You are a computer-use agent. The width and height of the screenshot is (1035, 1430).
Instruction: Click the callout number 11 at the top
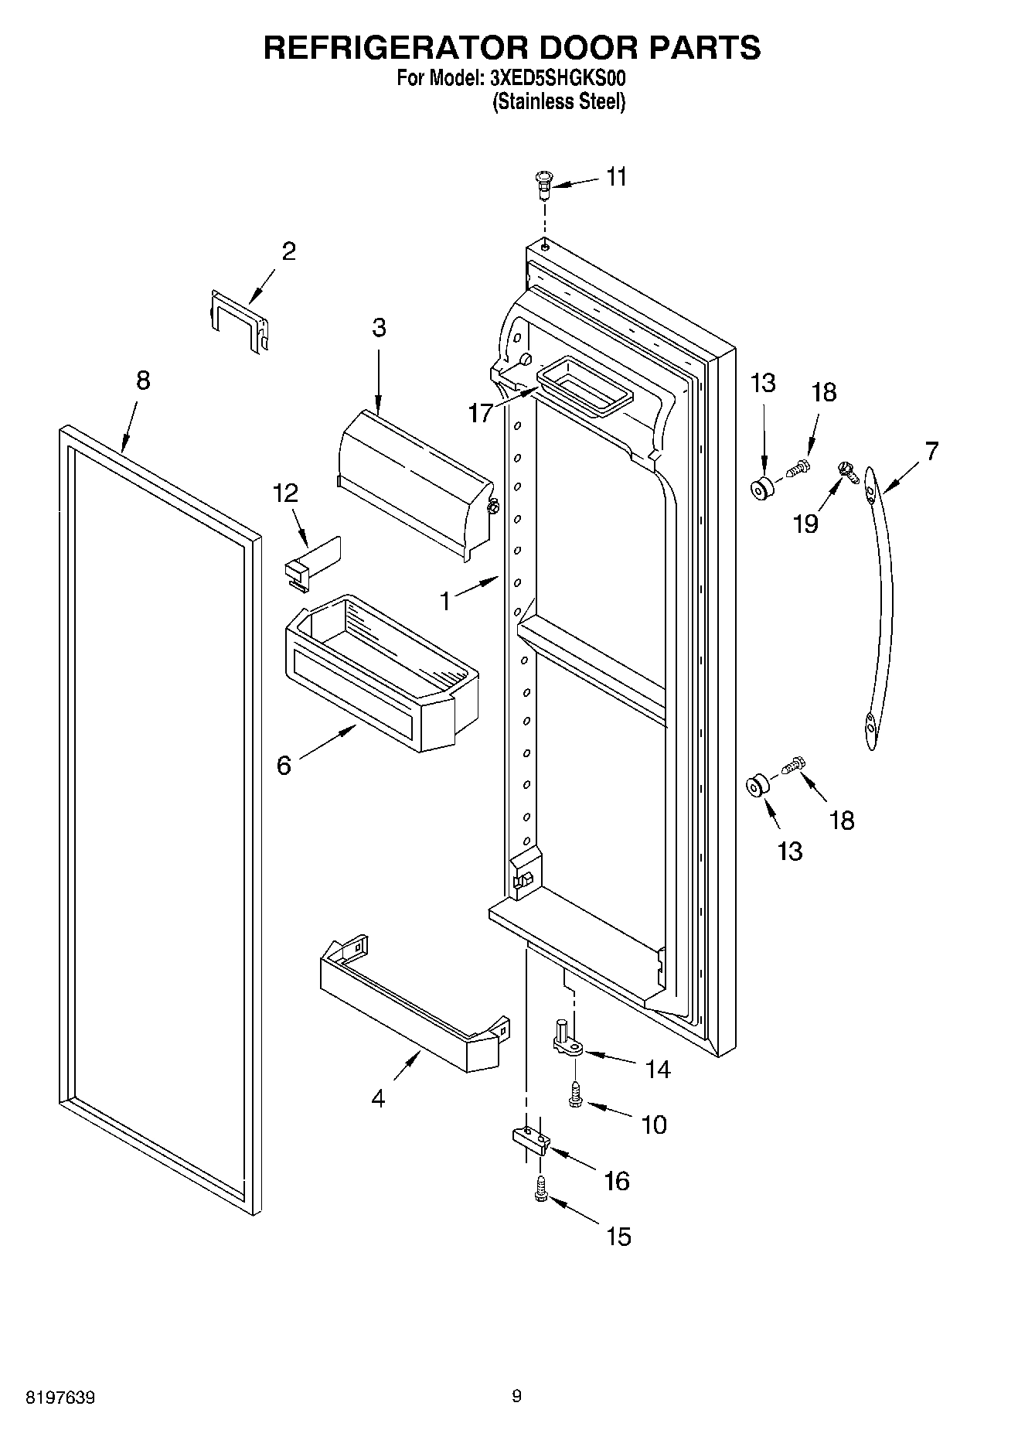tap(616, 177)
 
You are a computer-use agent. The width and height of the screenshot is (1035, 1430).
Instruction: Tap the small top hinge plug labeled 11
tap(543, 184)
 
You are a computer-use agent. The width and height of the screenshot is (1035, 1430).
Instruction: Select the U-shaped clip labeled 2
tap(240, 320)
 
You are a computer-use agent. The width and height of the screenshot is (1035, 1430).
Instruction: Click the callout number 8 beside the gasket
tap(142, 381)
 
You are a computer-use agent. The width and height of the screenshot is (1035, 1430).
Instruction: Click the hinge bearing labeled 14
tap(566, 1040)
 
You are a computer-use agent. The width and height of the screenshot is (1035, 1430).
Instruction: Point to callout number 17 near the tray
tap(480, 413)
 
